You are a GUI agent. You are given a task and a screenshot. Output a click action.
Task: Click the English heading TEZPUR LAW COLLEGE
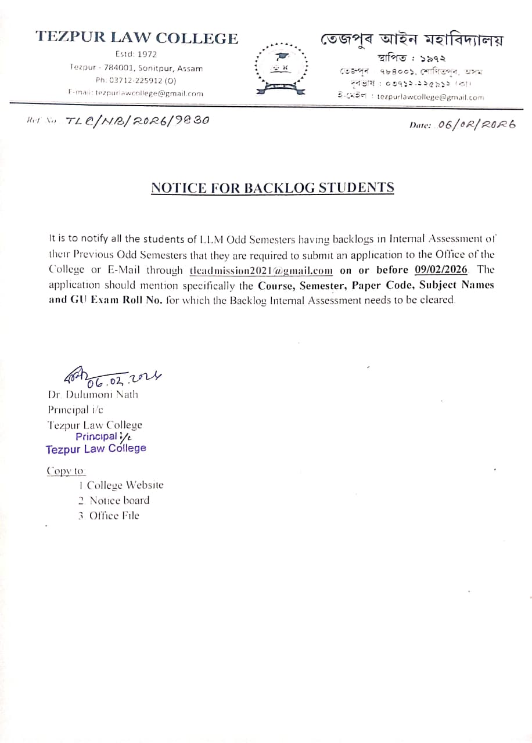pyautogui.click(x=136, y=38)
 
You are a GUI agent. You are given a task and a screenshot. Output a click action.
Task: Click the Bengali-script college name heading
pyautogui.click(x=411, y=41)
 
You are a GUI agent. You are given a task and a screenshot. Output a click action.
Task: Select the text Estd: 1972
pyautogui.click(x=136, y=55)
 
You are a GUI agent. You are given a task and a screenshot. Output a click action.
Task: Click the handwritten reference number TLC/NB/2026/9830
pyautogui.click(x=138, y=121)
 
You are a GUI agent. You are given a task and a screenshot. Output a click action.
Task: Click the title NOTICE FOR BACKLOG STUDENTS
pyautogui.click(x=272, y=188)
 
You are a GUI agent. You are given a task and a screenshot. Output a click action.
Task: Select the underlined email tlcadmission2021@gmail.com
pyautogui.click(x=261, y=270)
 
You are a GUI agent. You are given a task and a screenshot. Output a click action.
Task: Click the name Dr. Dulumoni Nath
pyautogui.click(x=93, y=395)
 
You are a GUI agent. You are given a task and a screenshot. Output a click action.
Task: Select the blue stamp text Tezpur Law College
pyautogui.click(x=96, y=449)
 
